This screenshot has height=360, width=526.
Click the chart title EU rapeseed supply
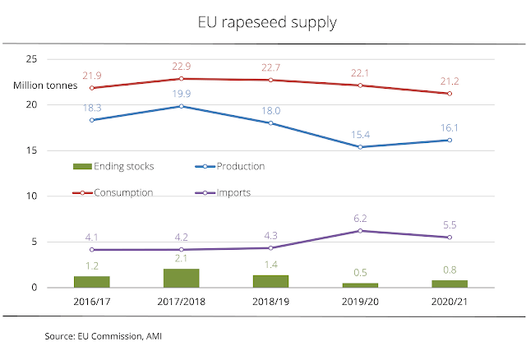pos(267,23)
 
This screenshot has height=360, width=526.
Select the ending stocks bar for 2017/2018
pos(181,278)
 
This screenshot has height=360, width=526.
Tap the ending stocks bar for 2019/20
pos(360,285)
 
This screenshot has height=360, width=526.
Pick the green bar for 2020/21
pos(450,284)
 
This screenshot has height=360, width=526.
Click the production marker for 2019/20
pos(360,147)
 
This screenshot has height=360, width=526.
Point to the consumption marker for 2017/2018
pos(181,79)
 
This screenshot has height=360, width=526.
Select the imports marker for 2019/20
pos(360,231)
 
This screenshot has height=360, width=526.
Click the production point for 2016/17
pos(92,120)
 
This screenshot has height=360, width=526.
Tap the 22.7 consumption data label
pos(270,67)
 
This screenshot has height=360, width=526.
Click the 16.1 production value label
pos(450,128)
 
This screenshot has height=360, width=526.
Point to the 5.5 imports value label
pos(450,224)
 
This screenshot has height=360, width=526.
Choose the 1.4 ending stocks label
pos(270,265)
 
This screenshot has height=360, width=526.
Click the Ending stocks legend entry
pos(113,166)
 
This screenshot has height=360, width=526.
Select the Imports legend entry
pos(223,193)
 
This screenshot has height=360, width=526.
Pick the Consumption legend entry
pos(113,193)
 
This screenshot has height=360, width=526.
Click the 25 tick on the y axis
pos(31,59)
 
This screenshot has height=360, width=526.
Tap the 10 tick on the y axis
pos(31,196)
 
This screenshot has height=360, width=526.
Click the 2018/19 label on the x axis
pos(270,302)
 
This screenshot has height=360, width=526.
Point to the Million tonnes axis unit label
pos(45,85)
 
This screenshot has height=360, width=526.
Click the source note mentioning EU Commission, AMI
pos(104,336)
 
